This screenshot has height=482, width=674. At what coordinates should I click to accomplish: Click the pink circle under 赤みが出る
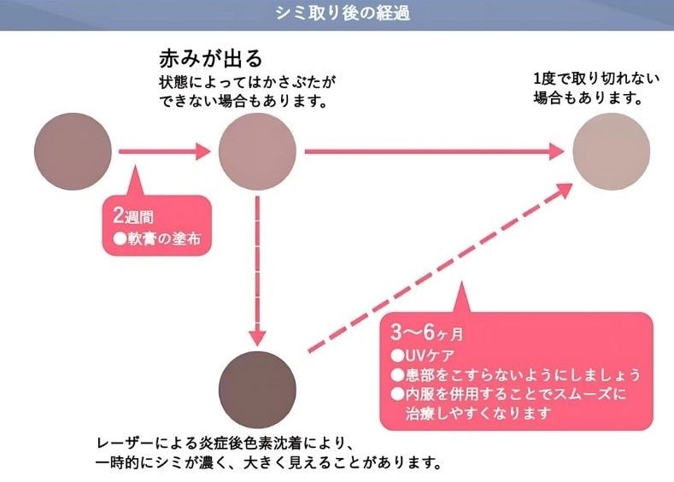point(257,152)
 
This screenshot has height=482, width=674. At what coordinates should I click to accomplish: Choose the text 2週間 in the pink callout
point(126,217)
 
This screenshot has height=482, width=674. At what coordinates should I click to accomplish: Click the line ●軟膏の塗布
point(152,239)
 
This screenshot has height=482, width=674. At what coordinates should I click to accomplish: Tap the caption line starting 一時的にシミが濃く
point(267,464)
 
